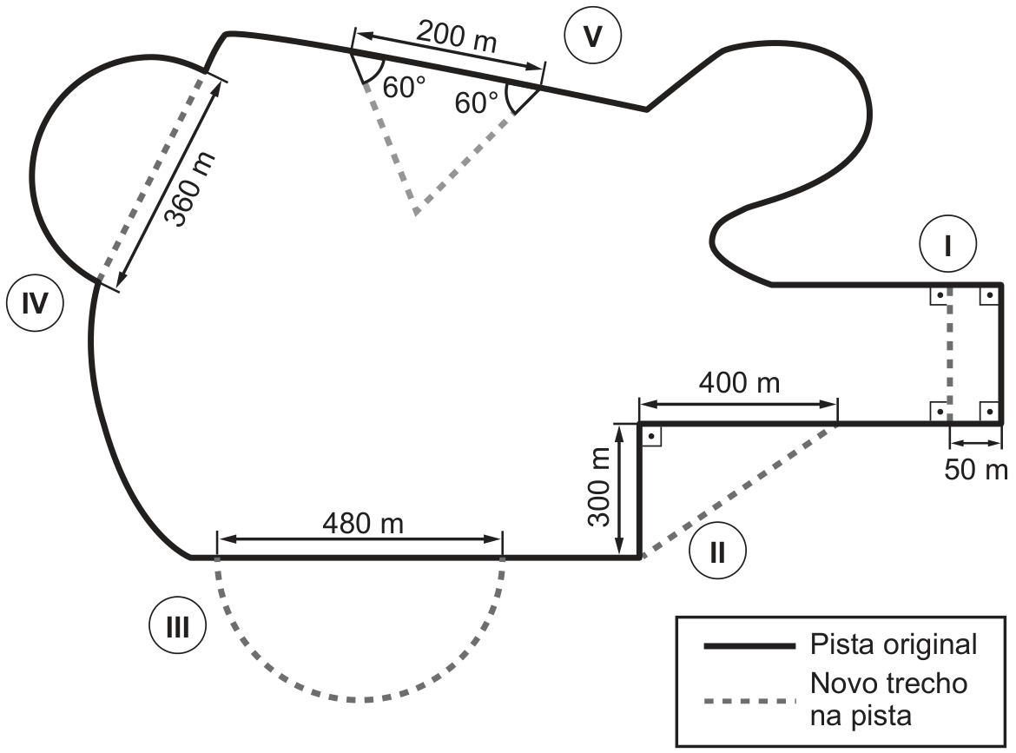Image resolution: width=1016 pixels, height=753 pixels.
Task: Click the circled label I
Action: tap(947, 245)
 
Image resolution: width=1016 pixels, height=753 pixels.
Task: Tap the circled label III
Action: tap(177, 627)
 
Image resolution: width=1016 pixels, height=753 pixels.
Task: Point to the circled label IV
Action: tap(35, 302)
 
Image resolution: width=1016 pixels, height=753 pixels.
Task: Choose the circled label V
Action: tap(592, 36)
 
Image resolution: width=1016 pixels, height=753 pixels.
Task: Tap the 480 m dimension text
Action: tap(363, 523)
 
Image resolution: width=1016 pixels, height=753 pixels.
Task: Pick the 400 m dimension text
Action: tap(739, 382)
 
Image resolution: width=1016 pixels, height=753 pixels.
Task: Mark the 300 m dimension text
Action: tap(599, 486)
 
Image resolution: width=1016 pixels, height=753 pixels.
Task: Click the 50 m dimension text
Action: tap(976, 469)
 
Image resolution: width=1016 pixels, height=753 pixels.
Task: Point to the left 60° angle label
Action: tap(405, 88)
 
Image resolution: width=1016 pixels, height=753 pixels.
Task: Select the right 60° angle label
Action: tap(476, 103)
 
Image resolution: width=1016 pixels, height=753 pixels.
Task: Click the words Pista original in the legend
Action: tap(894, 644)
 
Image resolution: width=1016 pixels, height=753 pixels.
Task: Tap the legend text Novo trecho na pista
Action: tap(888, 699)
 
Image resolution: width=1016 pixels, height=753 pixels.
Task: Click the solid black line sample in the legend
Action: tap(749, 646)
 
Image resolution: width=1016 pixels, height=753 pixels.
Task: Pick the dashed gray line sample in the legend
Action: tap(749, 701)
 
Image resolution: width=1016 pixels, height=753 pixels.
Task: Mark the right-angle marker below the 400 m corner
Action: tap(651, 436)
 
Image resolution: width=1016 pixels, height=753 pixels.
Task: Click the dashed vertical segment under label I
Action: tap(949, 353)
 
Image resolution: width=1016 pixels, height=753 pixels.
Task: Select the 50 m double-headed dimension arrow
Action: tap(976, 443)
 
